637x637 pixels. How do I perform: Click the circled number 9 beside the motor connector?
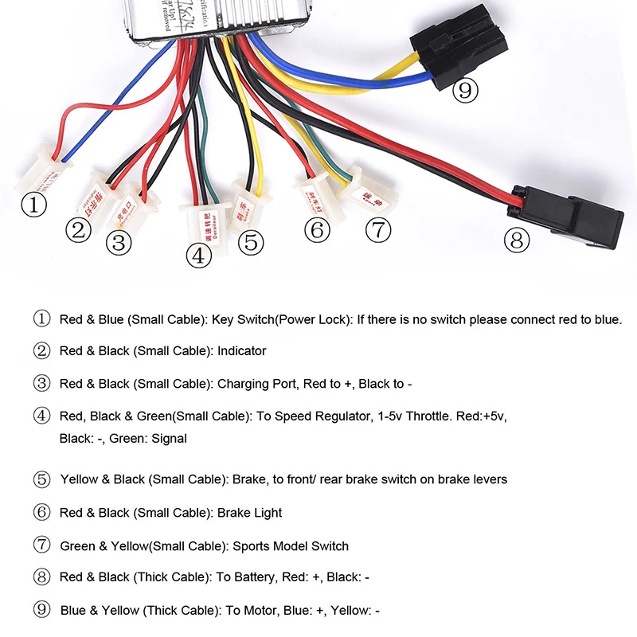point(466,91)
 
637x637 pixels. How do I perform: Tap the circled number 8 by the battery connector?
point(517,238)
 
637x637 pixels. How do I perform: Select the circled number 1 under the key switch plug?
point(33,205)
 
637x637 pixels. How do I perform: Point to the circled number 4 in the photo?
point(198,256)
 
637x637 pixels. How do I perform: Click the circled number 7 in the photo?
point(378,231)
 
